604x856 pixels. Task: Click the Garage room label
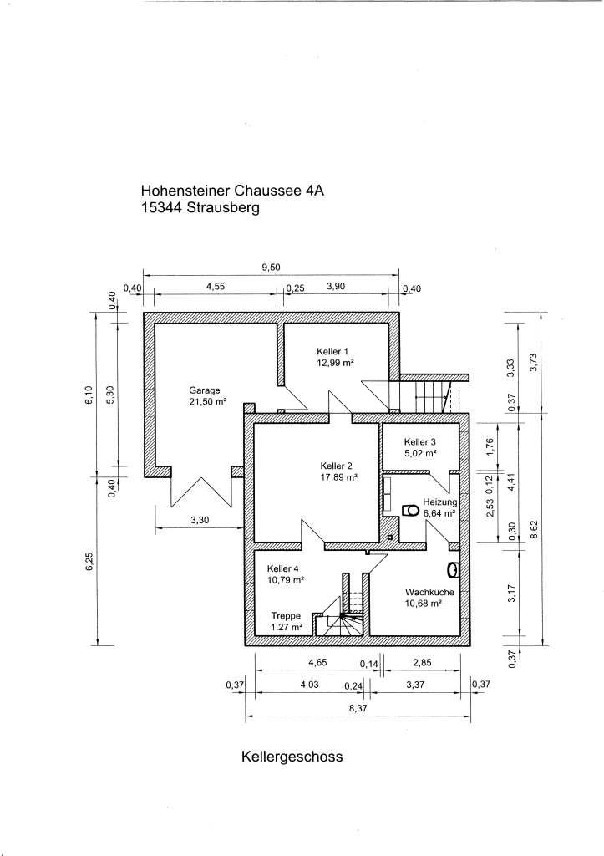coord(204,390)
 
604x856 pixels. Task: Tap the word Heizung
coord(439,502)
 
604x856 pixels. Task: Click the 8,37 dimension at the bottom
coord(358,707)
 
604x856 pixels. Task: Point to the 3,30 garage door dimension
coord(199,520)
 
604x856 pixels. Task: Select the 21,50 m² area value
coord(207,401)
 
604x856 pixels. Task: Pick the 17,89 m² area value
coord(338,477)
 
